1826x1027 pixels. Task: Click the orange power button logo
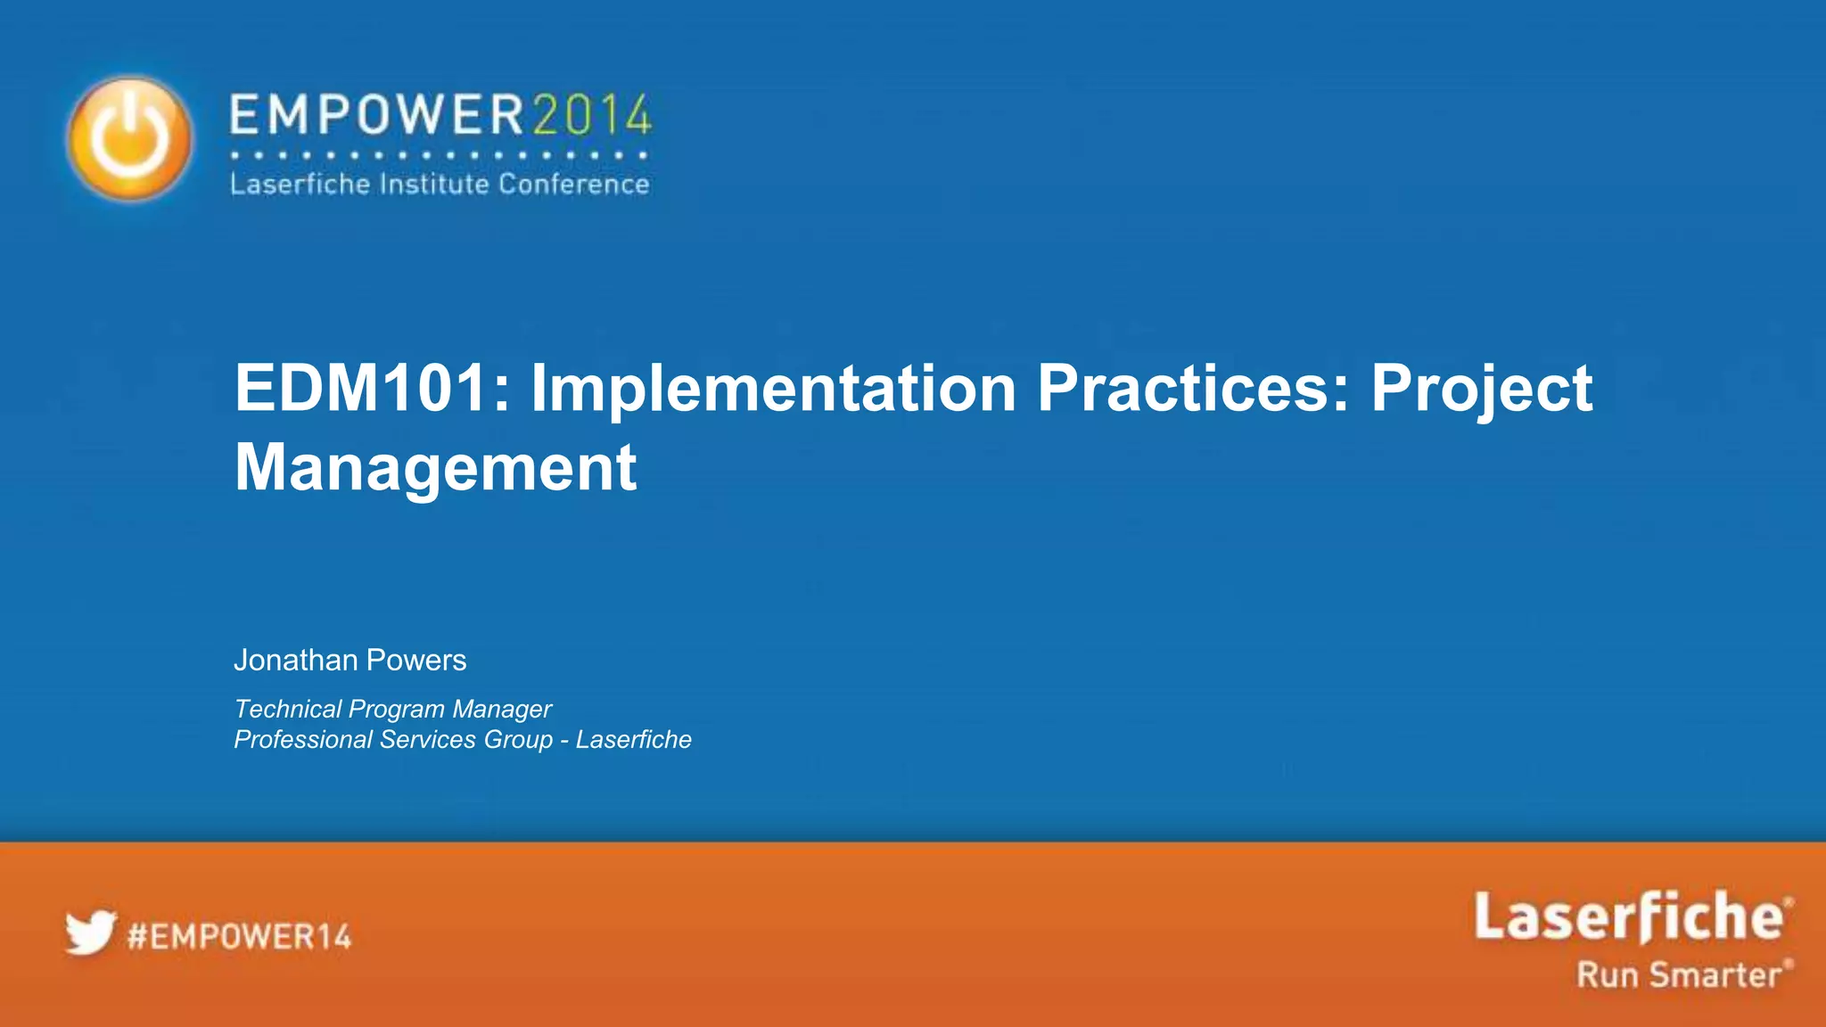(130, 138)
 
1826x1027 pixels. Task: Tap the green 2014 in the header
(592, 116)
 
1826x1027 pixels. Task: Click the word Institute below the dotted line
(434, 185)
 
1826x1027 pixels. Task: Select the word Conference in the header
(573, 185)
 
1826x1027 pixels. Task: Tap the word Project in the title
(1481, 390)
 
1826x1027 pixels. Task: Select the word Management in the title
(435, 467)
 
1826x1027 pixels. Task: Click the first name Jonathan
(295, 660)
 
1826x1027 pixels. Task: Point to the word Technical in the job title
(287, 709)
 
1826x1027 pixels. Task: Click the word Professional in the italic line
(303, 740)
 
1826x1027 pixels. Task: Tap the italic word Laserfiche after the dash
(633, 740)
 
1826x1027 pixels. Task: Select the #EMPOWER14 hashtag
(239, 937)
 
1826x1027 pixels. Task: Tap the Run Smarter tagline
(1680, 974)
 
